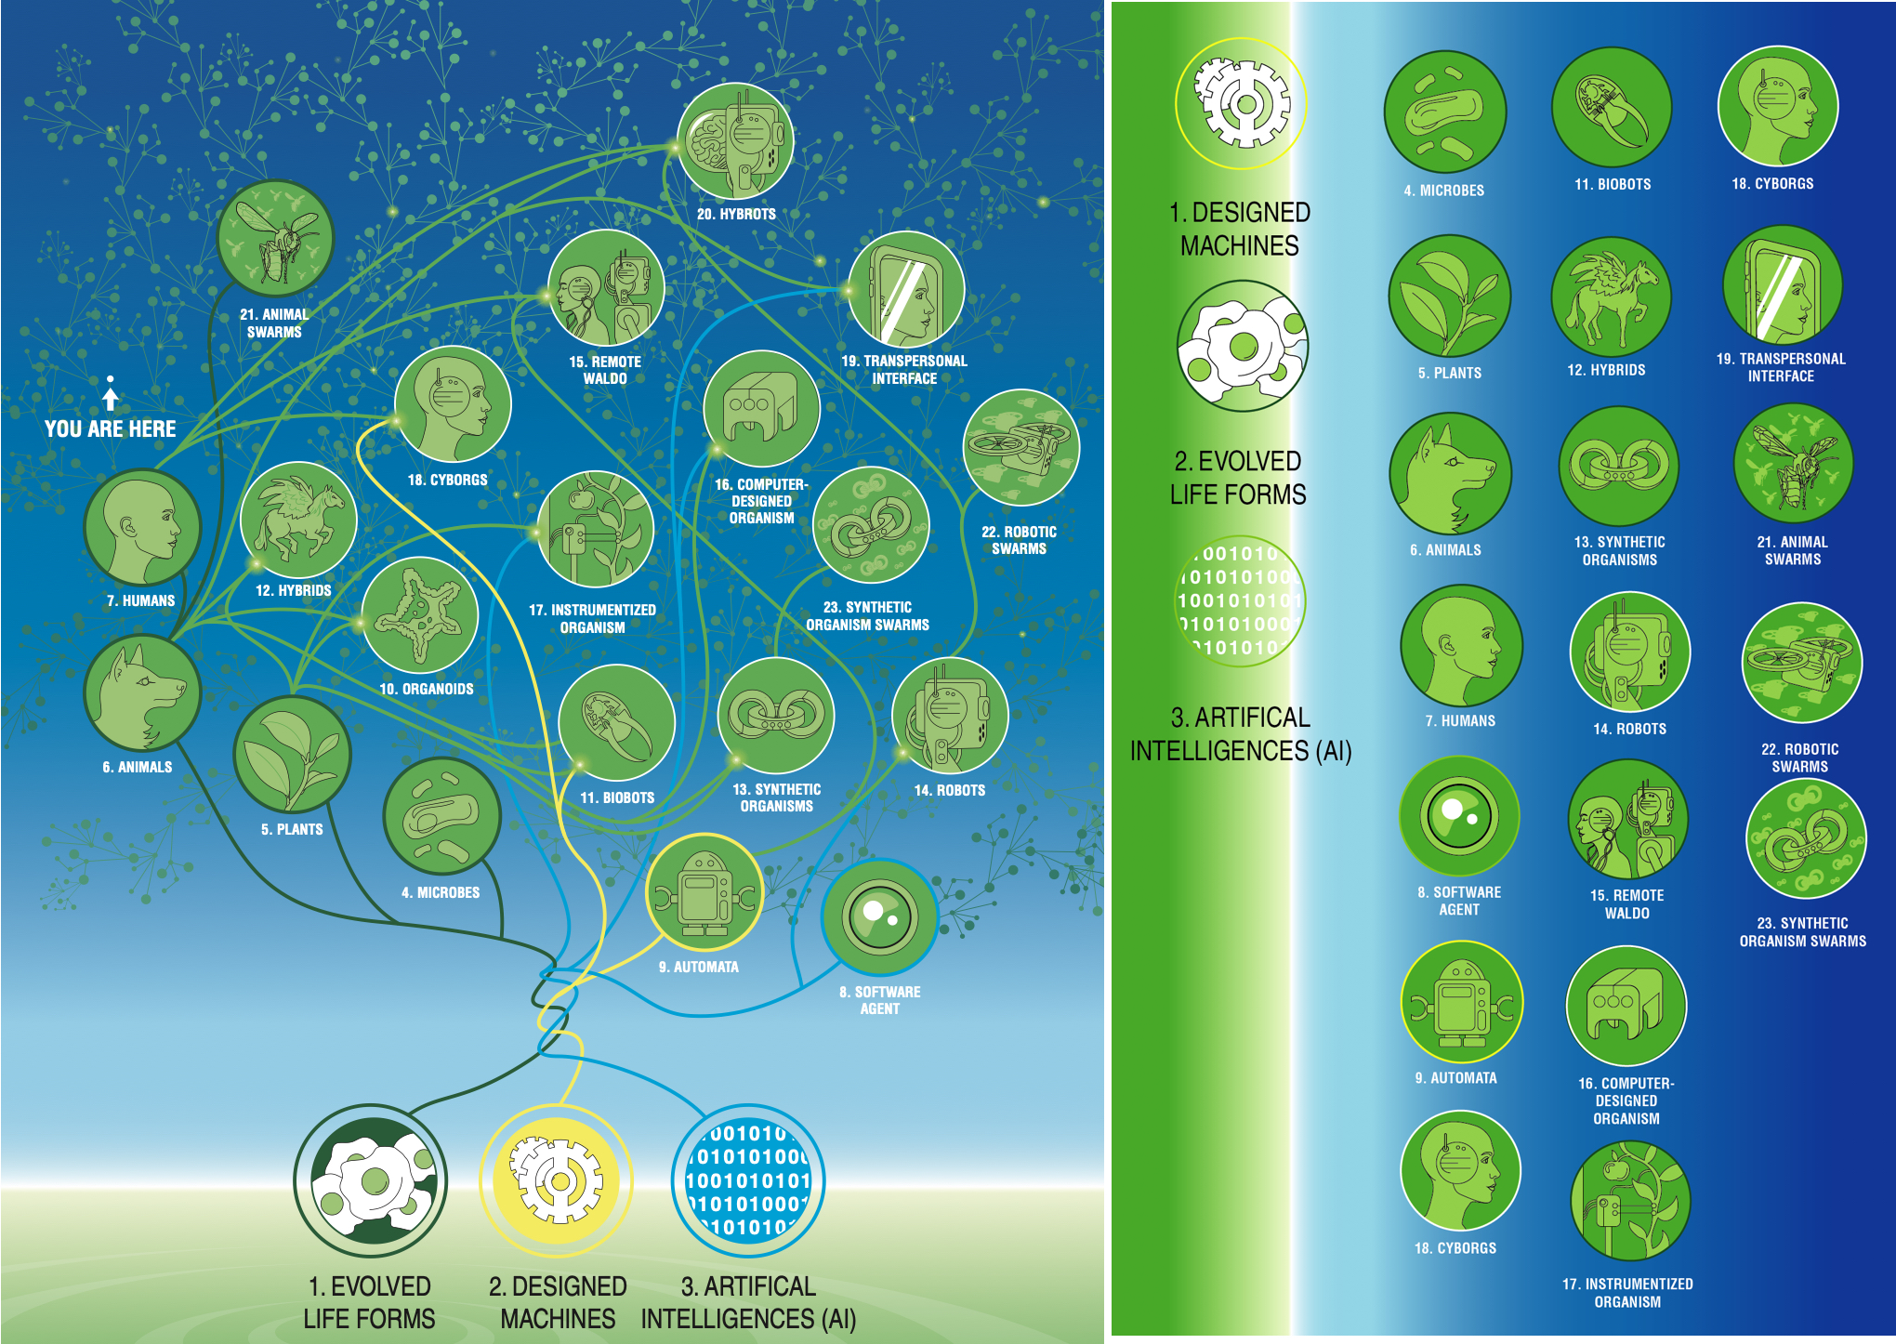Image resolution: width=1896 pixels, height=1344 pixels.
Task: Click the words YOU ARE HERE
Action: pos(111,428)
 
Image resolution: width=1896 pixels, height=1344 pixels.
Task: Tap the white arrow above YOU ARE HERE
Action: pos(111,394)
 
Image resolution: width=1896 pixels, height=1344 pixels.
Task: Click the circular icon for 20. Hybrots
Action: pos(735,141)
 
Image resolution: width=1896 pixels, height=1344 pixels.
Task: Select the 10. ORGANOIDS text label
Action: pos(427,689)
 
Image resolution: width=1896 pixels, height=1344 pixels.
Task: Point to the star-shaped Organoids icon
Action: pos(420,615)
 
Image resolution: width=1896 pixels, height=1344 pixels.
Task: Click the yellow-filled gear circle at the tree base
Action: pos(557,1181)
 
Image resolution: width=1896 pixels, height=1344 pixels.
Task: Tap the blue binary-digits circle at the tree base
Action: pos(748,1180)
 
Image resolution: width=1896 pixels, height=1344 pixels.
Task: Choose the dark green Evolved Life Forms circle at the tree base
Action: pos(371,1181)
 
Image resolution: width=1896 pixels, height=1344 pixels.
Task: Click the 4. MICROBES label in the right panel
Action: pos(1444,191)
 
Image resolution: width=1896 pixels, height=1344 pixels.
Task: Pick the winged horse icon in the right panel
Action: pos(1612,296)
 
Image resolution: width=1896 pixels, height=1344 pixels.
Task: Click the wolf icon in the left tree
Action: pos(142,693)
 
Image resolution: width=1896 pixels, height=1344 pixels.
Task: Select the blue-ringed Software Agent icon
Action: pos(879,917)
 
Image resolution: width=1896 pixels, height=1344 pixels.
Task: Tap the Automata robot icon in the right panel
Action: pos(1462,1002)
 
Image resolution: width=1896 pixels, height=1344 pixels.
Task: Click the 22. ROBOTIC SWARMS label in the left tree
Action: pos(1020,540)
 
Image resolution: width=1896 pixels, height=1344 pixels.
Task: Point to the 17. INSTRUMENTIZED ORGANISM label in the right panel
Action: pos(1627,1293)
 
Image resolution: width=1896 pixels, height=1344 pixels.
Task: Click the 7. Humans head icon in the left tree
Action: pos(142,527)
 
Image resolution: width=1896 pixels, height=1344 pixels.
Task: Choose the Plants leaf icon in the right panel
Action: pos(1449,296)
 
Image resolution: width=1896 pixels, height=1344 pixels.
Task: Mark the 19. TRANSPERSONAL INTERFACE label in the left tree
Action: pos(904,370)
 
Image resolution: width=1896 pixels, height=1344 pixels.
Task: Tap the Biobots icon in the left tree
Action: pos(617,723)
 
